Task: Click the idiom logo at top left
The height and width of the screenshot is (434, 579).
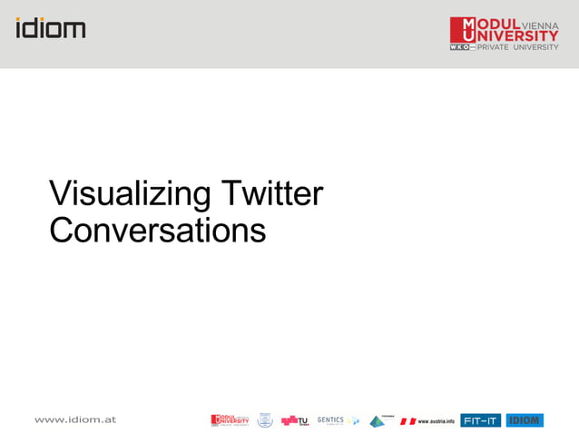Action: point(51,27)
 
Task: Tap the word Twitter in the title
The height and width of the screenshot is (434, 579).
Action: point(272,193)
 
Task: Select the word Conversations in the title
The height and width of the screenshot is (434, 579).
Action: point(157,230)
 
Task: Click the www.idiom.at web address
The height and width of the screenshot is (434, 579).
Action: point(75,419)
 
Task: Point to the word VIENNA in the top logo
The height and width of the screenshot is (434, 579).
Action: point(540,25)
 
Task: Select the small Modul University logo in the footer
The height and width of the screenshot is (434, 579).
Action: point(230,419)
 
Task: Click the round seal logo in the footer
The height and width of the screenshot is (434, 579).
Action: point(265,420)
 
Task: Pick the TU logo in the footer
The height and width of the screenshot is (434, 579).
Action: point(295,420)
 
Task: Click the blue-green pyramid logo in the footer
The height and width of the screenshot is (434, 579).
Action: point(377,420)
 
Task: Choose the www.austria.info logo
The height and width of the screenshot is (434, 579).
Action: point(427,420)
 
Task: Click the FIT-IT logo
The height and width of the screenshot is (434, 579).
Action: point(480,420)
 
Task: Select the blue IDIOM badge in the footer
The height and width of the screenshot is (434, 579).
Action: point(525,420)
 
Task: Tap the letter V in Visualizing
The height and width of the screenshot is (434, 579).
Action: point(61,194)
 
